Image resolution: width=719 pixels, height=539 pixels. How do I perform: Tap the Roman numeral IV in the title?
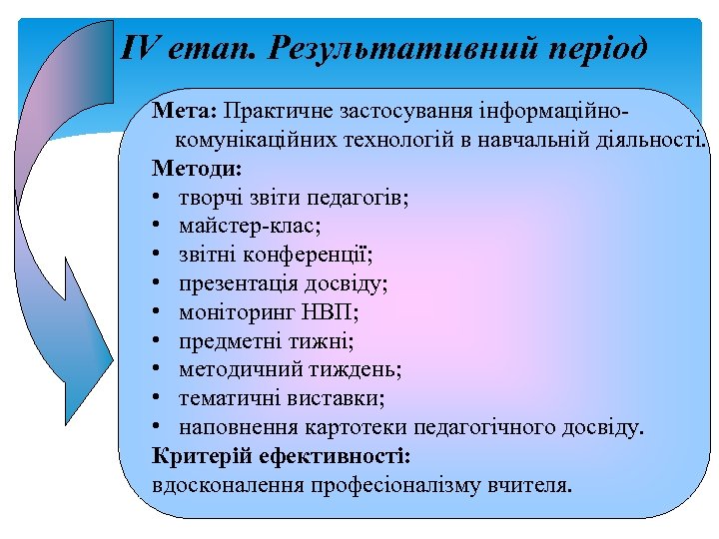(x=140, y=47)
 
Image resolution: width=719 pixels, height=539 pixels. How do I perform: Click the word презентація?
(x=235, y=282)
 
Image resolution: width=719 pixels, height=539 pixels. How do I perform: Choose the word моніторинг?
(x=232, y=312)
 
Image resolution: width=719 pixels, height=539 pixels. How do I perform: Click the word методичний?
(x=236, y=369)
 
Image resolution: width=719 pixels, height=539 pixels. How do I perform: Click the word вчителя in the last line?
(x=537, y=486)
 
